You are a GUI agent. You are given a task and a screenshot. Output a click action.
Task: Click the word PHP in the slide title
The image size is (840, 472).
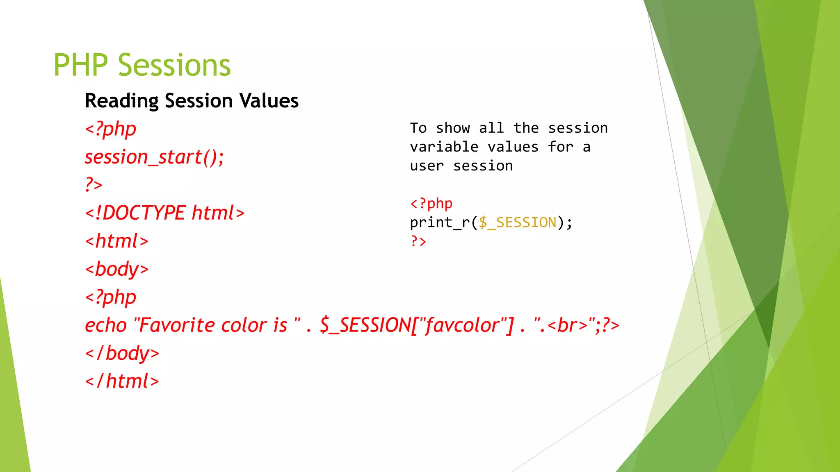click(80, 66)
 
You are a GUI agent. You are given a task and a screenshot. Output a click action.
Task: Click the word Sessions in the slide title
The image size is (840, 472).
click(174, 66)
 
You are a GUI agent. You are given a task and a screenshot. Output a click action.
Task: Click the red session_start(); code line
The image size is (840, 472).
click(154, 157)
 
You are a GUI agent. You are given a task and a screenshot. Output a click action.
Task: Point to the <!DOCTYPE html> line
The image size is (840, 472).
click(164, 213)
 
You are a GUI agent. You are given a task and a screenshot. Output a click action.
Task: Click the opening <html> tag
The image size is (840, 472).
click(116, 241)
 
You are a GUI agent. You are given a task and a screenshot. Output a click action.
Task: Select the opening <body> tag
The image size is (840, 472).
click(116, 270)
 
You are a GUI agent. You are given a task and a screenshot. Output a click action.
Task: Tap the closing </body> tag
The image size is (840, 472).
click(122, 354)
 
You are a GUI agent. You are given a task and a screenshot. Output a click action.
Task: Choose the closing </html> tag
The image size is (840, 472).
click(122, 381)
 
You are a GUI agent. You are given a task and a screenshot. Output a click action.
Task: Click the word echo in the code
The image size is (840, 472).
click(106, 326)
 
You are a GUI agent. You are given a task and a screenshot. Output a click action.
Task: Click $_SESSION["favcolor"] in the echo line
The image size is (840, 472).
click(416, 326)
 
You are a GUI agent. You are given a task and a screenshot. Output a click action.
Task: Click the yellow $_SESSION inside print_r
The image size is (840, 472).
click(518, 222)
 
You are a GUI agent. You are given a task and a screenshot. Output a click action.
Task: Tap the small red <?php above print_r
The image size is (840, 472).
click(431, 204)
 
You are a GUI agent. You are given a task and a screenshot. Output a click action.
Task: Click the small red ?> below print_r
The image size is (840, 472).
click(418, 241)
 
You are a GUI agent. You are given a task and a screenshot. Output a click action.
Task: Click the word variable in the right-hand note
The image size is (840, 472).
click(444, 147)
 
